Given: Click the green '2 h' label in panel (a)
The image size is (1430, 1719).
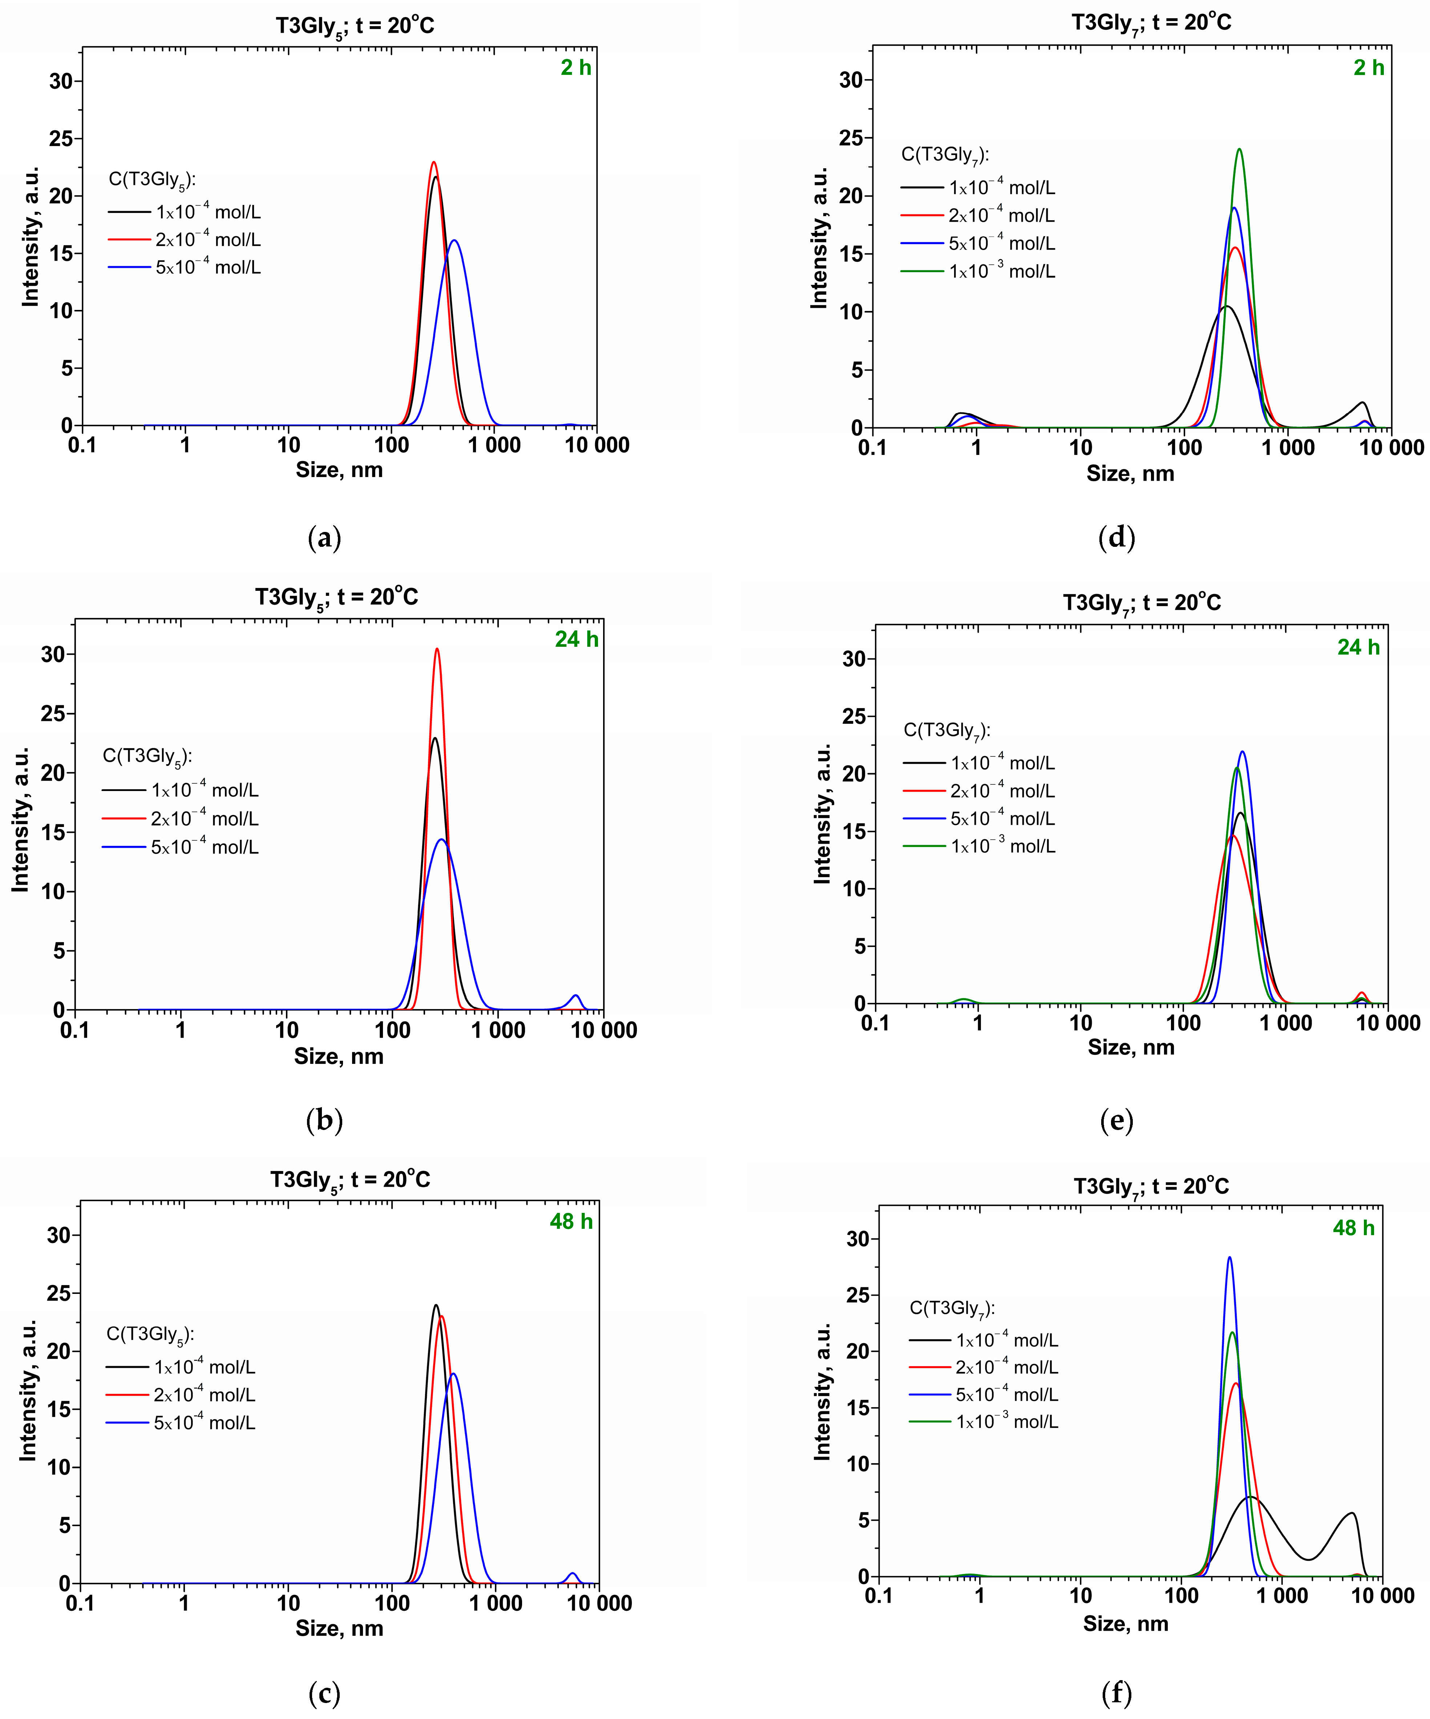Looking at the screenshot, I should coord(575,68).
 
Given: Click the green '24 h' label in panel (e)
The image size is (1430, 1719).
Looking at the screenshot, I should coord(1358,647).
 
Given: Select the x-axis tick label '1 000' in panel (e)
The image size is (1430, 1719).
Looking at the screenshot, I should coord(1285,1023).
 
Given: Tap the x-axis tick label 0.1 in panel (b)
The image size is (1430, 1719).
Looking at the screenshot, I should coord(74,1030).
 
